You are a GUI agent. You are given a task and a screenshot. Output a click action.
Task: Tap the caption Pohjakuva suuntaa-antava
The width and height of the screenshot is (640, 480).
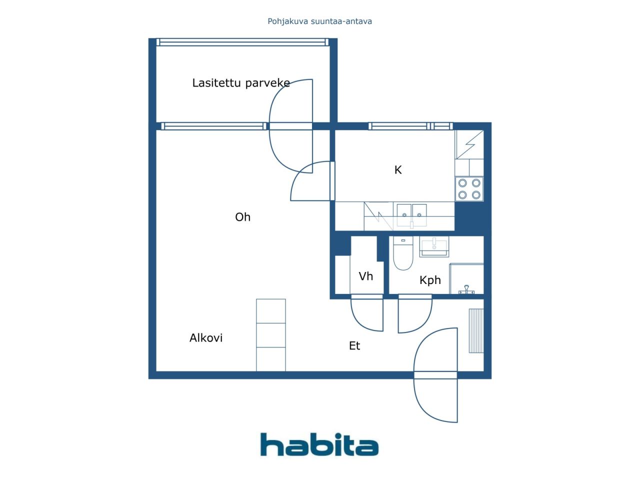[319, 21]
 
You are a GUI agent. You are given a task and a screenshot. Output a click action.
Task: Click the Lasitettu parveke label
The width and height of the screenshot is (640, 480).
[241, 83]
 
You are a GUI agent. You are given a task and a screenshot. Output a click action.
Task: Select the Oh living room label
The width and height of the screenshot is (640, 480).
[242, 217]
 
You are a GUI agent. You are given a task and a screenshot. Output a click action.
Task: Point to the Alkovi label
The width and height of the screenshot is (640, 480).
[206, 338]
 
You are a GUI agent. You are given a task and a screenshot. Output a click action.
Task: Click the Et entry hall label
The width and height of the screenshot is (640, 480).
[354, 345]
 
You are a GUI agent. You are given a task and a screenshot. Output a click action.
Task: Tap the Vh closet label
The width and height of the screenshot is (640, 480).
[365, 276]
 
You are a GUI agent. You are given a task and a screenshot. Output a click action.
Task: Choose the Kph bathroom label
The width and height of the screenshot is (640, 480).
[430, 280]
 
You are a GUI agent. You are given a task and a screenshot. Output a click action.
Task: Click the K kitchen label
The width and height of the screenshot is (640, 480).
[397, 169]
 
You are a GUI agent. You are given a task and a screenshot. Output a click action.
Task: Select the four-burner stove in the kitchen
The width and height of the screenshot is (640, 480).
[469, 189]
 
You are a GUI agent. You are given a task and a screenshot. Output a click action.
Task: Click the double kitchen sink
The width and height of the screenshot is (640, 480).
[411, 215]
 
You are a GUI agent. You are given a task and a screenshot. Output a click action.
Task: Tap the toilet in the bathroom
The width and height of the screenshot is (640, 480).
[403, 253]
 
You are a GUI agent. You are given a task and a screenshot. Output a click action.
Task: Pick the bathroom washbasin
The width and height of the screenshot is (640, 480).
[434, 246]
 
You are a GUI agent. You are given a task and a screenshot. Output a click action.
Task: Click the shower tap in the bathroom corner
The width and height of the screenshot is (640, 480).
[466, 289]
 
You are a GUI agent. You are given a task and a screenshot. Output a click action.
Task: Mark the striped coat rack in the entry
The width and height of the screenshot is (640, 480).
[476, 331]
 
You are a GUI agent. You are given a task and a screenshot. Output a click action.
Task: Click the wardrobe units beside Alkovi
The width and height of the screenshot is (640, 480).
[271, 335]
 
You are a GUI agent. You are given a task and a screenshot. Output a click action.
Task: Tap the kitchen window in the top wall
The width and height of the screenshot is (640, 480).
[410, 126]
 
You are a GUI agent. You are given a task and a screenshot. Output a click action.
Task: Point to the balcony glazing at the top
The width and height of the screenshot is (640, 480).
[242, 42]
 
